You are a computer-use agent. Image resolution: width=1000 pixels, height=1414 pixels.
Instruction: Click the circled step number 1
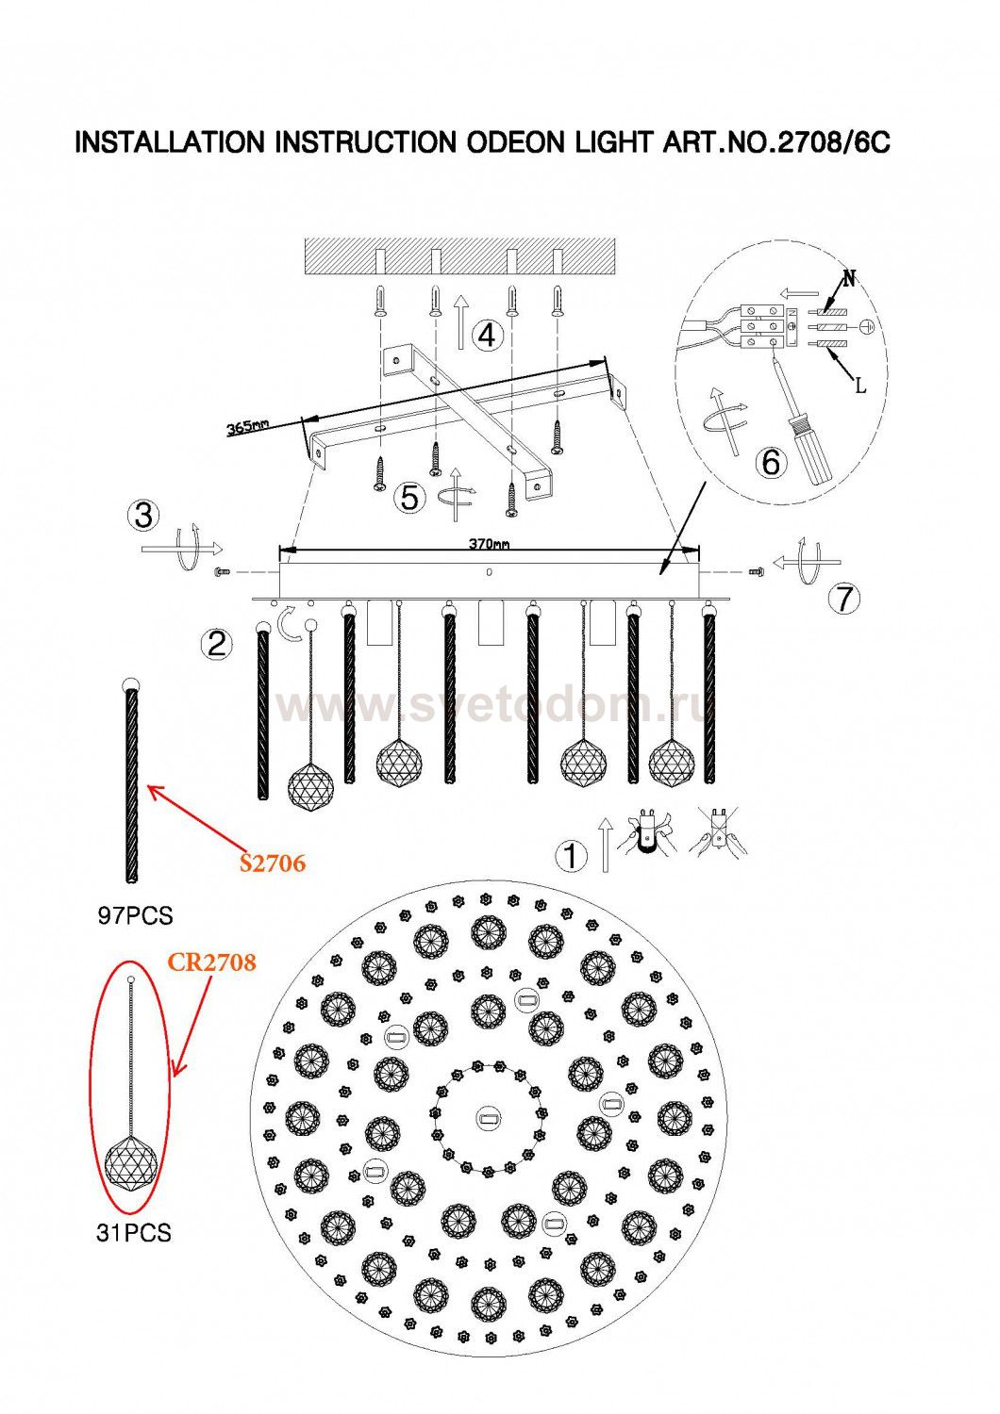[571, 857]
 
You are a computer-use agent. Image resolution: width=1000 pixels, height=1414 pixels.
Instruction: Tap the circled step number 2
[217, 645]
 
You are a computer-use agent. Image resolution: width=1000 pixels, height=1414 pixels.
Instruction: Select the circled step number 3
[144, 515]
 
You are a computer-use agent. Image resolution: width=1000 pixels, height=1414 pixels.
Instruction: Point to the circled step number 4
[487, 336]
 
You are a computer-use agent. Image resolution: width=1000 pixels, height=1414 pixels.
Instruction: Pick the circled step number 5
[410, 498]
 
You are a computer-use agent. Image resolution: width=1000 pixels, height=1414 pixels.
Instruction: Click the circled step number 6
[772, 462]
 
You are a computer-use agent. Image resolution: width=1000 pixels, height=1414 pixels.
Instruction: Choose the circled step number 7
[845, 598]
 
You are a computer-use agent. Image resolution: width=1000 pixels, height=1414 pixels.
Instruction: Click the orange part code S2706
[273, 863]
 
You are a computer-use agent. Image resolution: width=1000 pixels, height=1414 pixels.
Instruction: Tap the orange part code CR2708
[211, 962]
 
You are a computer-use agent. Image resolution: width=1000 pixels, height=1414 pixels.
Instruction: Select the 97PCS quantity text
[135, 915]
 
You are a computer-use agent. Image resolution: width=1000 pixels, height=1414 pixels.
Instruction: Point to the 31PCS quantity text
[134, 1233]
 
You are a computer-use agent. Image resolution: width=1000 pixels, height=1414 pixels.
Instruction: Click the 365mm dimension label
[247, 427]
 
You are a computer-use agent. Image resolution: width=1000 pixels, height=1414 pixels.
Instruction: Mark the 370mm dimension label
[489, 544]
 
